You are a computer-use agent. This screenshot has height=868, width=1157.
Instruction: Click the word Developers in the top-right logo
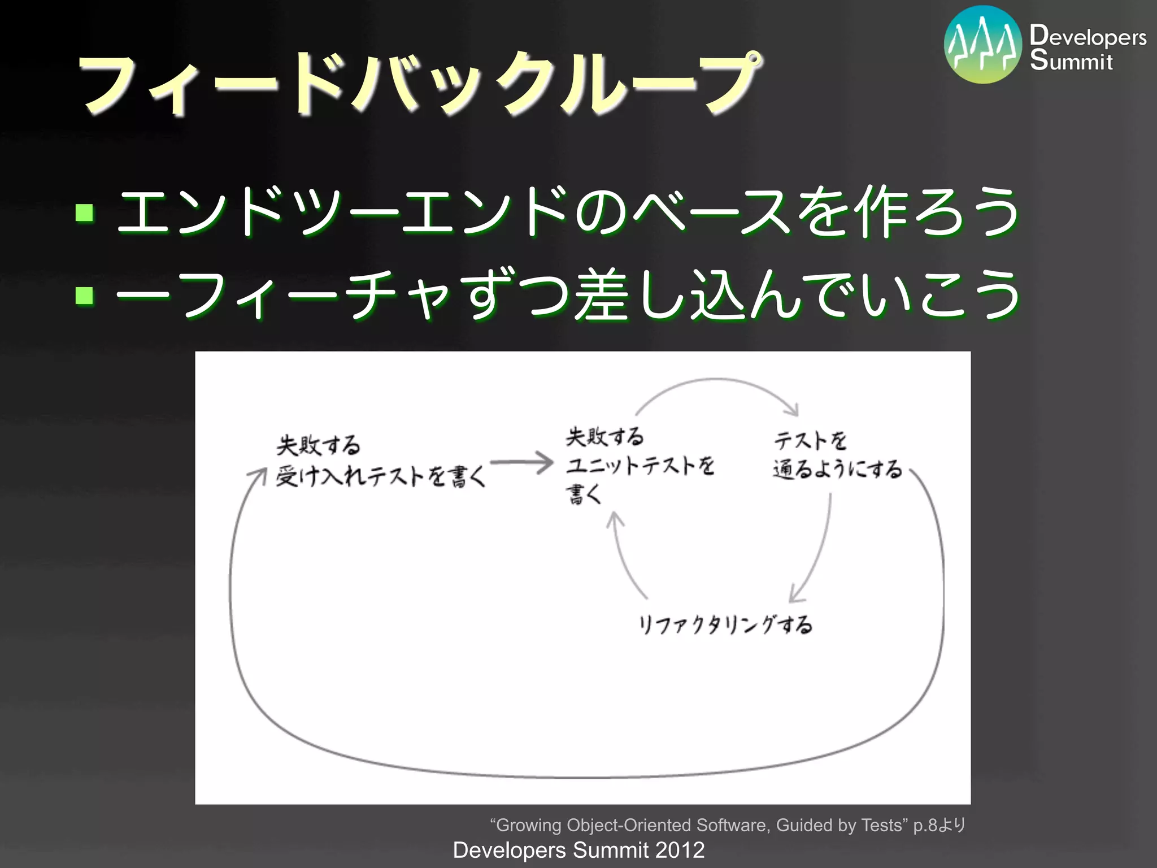tap(1088, 36)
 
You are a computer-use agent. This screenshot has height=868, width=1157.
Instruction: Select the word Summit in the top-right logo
tap(1071, 60)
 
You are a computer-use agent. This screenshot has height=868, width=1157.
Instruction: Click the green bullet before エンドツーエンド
tap(85, 212)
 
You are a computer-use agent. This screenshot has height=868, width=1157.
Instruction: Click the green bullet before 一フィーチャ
tap(85, 295)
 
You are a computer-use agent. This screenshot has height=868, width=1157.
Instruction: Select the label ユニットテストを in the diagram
tap(640, 466)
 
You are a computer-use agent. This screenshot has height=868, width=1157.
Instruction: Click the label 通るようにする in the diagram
tap(837, 470)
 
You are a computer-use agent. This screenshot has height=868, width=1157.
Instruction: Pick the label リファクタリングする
tap(725, 625)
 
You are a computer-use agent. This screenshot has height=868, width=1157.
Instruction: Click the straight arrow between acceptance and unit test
tap(520, 462)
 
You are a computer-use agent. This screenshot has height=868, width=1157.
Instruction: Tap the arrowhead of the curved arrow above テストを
tap(793, 410)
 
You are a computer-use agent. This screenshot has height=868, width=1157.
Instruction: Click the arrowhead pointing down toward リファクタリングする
tap(796, 595)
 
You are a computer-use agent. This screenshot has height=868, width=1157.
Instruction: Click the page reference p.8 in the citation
tap(925, 825)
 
